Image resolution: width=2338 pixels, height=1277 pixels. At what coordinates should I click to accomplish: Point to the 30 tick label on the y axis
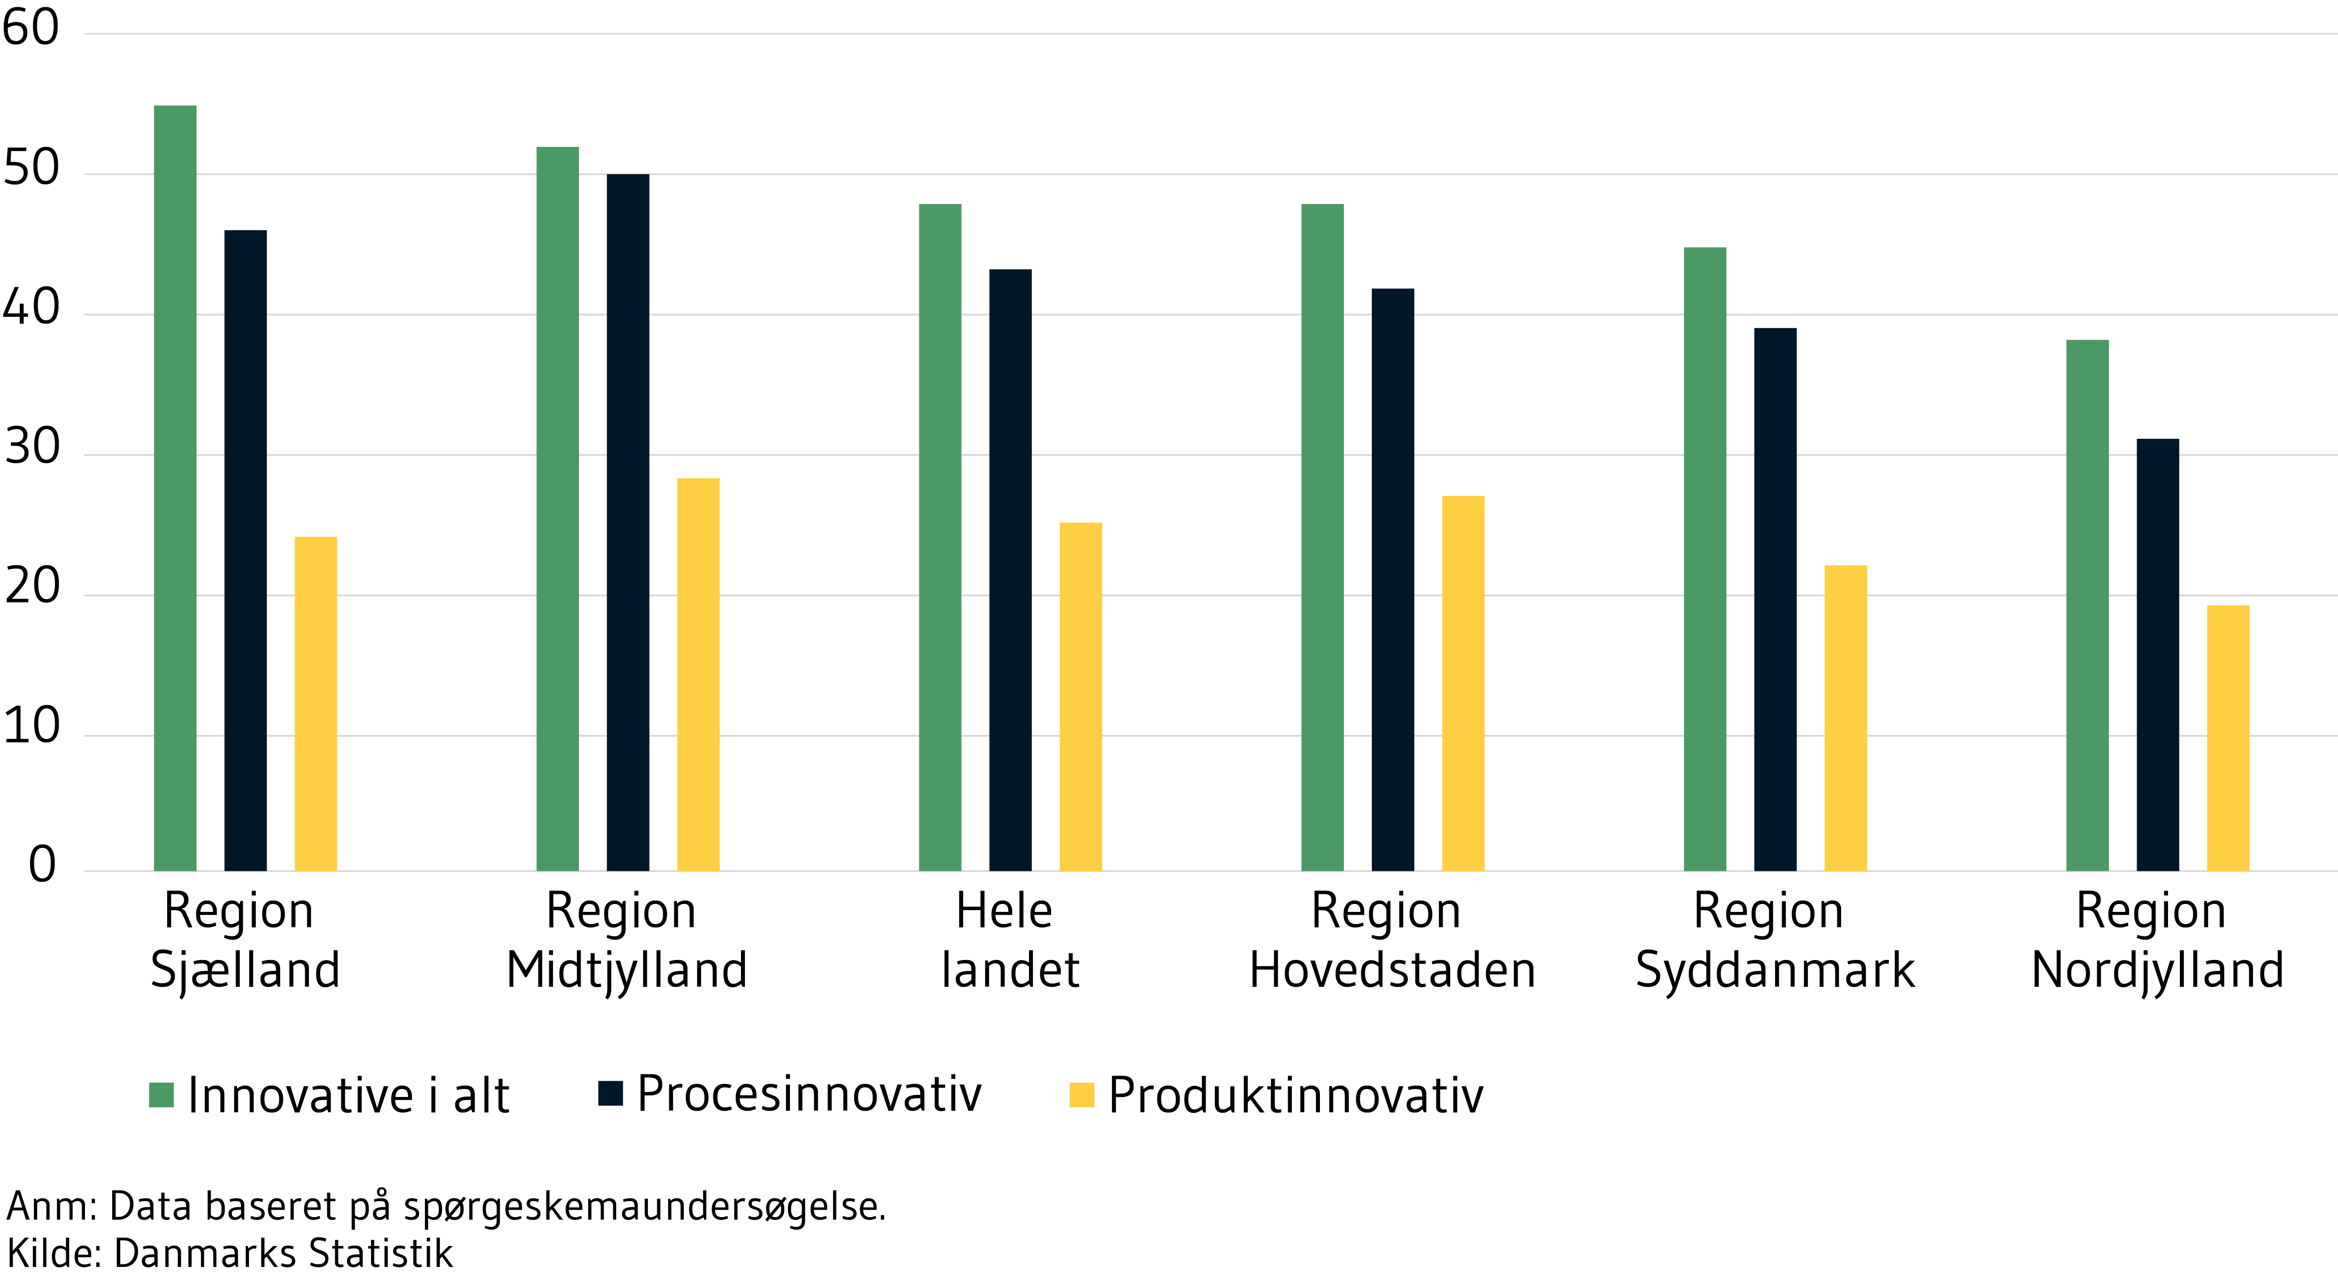click(x=31, y=448)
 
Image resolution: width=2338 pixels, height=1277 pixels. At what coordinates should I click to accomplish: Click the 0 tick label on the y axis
click(x=42, y=865)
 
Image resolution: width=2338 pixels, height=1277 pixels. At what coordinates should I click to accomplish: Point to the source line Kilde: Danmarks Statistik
click(x=230, y=1254)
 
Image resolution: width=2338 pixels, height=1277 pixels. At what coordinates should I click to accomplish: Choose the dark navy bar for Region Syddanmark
click(x=1775, y=599)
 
